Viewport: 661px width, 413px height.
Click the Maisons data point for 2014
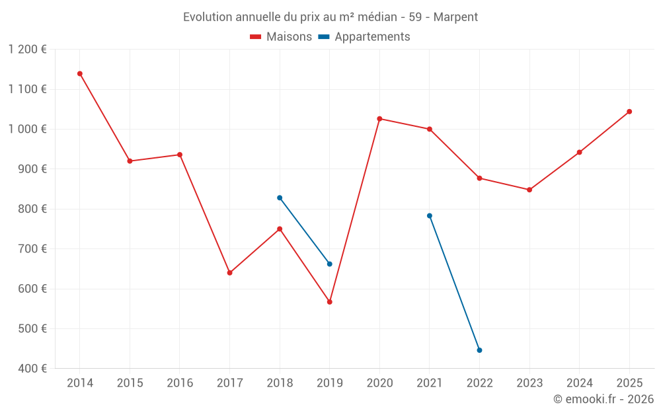pyautogui.click(x=80, y=74)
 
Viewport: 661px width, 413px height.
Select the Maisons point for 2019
pyautogui.click(x=330, y=302)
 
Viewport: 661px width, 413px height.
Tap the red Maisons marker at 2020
pyautogui.click(x=379, y=119)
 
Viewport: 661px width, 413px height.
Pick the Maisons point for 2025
pyautogui.click(x=629, y=112)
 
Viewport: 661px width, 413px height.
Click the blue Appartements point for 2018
pyautogui.click(x=280, y=198)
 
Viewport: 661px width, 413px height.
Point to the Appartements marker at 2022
pyautogui.click(x=479, y=350)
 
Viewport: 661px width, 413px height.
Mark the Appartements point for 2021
pyautogui.click(x=430, y=216)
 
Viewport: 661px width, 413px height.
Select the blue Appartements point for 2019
pyautogui.click(x=330, y=264)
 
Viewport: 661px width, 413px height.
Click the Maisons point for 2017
pyautogui.click(x=229, y=273)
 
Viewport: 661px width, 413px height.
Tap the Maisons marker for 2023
pyautogui.click(x=529, y=190)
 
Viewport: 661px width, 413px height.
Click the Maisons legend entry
pyautogui.click(x=281, y=37)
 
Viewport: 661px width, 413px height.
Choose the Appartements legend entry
pyautogui.click(x=364, y=37)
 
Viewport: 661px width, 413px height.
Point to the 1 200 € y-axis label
pyautogui.click(x=28, y=50)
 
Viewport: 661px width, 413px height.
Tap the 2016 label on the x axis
pyautogui.click(x=180, y=383)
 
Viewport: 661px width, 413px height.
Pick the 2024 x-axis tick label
pyautogui.click(x=580, y=383)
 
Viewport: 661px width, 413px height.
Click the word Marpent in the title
pyautogui.click(x=455, y=17)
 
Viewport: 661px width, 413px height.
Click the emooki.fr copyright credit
pyautogui.click(x=603, y=399)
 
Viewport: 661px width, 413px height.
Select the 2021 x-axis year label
pyautogui.click(x=430, y=383)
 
